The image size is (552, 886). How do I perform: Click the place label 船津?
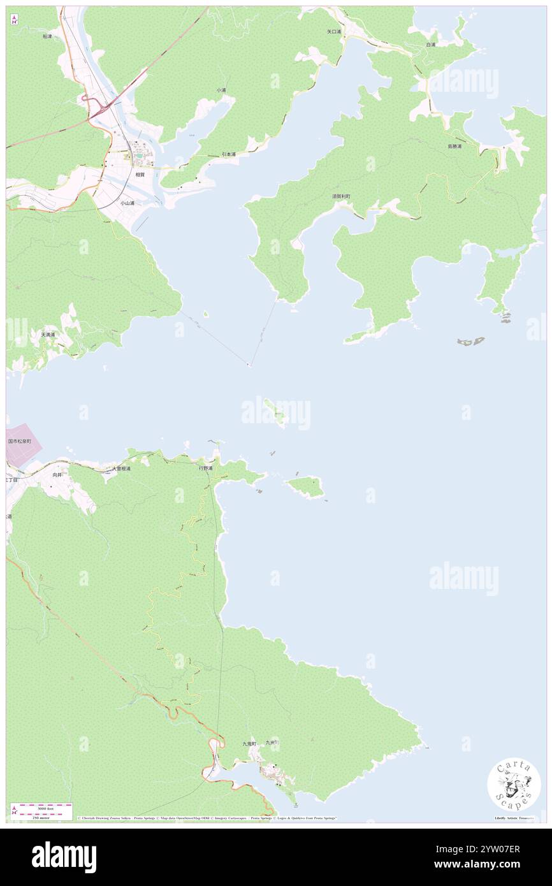click(47, 37)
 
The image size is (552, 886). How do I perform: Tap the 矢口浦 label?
click(335, 31)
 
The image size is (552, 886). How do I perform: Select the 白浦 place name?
click(431, 45)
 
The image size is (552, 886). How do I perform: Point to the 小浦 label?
click(221, 90)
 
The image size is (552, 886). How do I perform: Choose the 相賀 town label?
click(139, 173)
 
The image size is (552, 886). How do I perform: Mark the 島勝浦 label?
click(454, 146)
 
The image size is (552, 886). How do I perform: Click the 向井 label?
click(57, 475)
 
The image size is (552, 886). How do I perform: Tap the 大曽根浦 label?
click(121, 468)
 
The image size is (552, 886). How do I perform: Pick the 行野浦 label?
click(205, 468)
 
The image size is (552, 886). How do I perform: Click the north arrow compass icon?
click(14, 19)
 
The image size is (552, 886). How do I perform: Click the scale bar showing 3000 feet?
click(41, 811)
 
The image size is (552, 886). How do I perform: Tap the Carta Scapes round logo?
click(514, 785)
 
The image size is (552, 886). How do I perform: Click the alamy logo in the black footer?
click(64, 857)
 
